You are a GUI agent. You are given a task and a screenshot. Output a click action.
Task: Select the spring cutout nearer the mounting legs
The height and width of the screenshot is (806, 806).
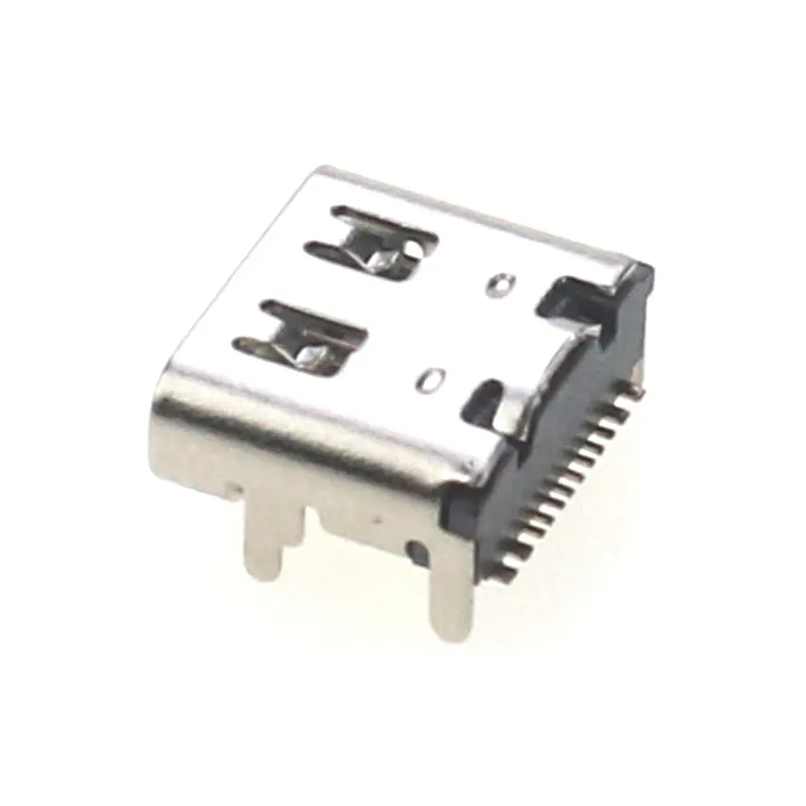(x=302, y=337)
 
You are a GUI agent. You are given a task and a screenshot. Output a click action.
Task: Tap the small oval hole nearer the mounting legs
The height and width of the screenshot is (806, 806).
(x=430, y=380)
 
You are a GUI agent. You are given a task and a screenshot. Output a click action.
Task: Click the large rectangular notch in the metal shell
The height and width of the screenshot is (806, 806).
(x=574, y=302)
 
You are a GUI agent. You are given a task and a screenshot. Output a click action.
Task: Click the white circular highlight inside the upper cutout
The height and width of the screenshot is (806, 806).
(x=415, y=249)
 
